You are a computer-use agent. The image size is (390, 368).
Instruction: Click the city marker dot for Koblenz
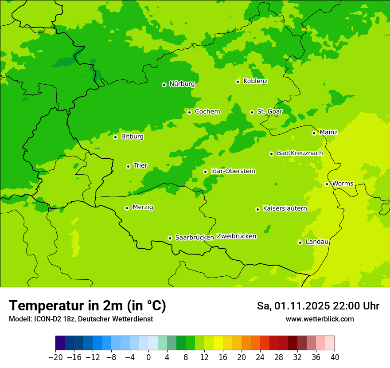238,82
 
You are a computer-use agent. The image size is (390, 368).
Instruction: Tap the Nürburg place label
182,84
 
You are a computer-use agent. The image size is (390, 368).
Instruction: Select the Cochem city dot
189,112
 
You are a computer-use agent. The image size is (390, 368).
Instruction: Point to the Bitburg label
132,137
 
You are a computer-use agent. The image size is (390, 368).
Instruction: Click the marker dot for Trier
128,166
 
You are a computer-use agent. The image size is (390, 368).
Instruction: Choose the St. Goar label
269,112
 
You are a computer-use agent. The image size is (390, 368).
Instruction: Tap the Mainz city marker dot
314,133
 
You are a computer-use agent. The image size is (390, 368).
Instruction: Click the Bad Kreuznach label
300,153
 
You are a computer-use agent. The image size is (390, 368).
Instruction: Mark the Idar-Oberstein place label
233,171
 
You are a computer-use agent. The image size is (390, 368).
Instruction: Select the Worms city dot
327,184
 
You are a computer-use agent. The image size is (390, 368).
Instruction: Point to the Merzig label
143,207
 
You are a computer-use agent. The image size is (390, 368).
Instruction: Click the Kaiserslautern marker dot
257,209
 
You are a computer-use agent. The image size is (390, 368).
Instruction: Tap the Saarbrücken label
195,238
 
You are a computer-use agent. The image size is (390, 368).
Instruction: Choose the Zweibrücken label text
236,236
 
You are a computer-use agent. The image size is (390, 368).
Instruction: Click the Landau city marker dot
300,243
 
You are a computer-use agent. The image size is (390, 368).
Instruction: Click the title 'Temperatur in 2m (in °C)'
87,306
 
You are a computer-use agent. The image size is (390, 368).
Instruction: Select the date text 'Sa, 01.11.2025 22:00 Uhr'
318,306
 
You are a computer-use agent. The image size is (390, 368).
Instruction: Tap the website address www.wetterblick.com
320,319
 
